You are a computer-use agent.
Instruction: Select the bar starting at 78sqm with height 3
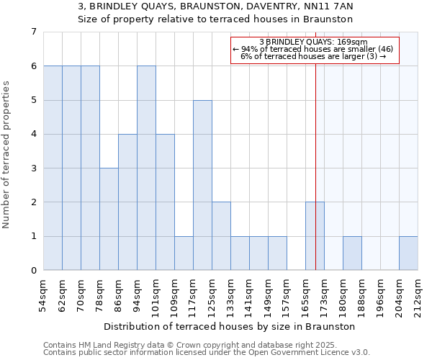tap(109, 219)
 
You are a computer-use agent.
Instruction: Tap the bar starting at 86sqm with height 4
tap(127, 202)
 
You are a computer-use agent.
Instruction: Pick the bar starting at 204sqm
tap(408, 253)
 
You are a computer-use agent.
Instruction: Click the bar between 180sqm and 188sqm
tap(352, 253)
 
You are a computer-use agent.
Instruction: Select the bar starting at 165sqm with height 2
tap(315, 236)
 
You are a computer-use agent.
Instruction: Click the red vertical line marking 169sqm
tap(315, 180)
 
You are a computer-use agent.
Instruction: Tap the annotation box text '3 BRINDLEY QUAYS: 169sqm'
tap(313, 42)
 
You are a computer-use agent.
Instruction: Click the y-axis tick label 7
tap(33, 32)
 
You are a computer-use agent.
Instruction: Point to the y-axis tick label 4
tap(33, 134)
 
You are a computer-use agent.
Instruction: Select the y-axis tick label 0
tap(33, 271)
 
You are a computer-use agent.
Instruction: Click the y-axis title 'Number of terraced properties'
tap(7, 155)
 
